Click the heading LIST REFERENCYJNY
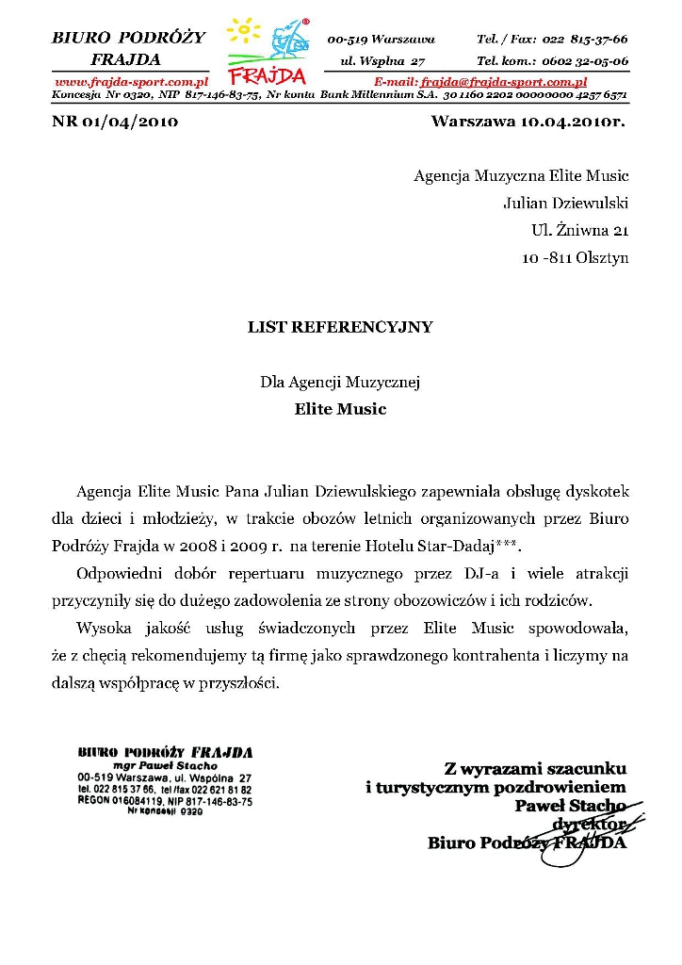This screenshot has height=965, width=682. click(x=340, y=327)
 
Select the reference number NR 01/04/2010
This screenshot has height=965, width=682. click(x=115, y=121)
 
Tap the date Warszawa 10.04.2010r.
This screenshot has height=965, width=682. click(x=528, y=121)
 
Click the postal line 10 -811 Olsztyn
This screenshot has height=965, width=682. click(x=575, y=257)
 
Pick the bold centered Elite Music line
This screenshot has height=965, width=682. click(x=340, y=410)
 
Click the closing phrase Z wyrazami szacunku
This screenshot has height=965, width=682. click(x=535, y=769)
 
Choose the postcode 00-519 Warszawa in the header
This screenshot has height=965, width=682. click(x=381, y=40)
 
